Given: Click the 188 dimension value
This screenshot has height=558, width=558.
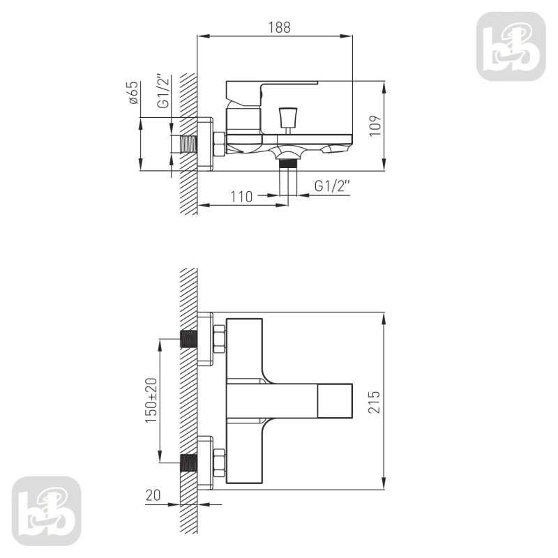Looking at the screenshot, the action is click(x=280, y=27).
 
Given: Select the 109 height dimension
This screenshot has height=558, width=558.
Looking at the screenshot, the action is click(x=375, y=126).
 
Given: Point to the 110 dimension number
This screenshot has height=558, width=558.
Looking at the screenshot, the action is click(x=241, y=197).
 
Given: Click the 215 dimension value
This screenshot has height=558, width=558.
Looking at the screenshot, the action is click(x=374, y=402).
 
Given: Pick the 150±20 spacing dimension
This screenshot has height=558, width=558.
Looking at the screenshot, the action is click(x=151, y=400).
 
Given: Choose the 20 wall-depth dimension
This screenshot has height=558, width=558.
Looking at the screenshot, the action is click(x=153, y=495).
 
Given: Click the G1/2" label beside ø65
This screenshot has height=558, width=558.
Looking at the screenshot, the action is click(x=163, y=91).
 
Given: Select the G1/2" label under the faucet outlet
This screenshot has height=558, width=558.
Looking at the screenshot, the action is click(x=332, y=186).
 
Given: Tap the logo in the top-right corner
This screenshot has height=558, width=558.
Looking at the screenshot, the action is click(x=511, y=46).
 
